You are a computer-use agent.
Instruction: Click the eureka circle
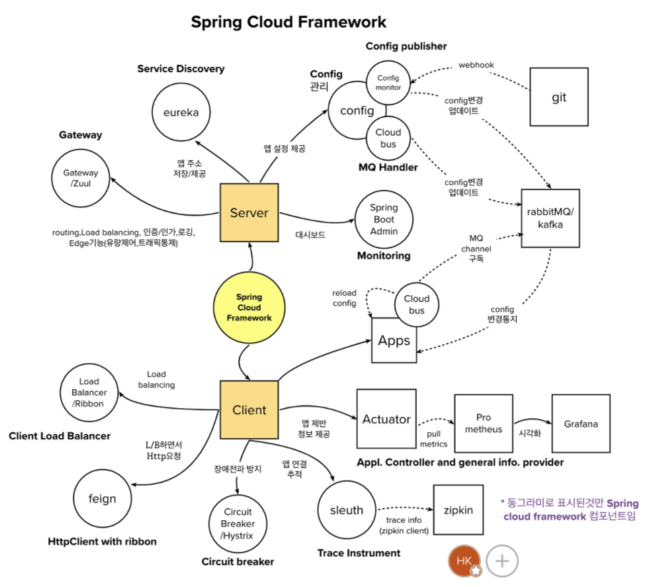pos(181,112)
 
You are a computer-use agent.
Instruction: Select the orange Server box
pos(249,212)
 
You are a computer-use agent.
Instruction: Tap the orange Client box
pos(249,410)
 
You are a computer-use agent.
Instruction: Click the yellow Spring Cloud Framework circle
pos(249,308)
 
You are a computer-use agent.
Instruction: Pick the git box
pos(559,97)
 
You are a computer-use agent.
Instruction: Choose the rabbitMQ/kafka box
pos(550,218)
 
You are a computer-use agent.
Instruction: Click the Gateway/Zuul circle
pos(81,178)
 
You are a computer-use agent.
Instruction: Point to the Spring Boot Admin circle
pos(384,219)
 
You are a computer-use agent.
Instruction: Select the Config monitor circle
pos(388,83)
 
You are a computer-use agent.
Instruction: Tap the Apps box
pos(394,340)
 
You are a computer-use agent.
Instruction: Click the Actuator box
pos(386,419)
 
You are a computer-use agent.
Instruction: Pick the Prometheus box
pos(484,424)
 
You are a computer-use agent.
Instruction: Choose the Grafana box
pos(581,424)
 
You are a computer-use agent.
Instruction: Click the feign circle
pos(103,498)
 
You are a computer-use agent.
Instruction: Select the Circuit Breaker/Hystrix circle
pos(238,523)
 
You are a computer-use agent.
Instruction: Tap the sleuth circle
pos(347,510)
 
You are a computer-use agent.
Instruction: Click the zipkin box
pos(459,510)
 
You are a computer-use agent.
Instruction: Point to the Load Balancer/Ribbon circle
pos(89,392)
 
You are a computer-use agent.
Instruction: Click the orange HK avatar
pos(464,561)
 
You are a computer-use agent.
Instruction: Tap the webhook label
pos(476,65)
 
